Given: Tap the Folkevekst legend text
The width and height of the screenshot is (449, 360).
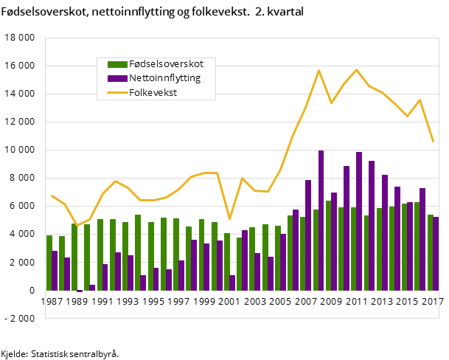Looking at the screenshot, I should (x=153, y=92).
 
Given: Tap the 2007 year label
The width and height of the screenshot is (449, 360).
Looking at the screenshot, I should (x=307, y=302).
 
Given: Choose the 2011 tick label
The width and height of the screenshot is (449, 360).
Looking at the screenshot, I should (x=358, y=302).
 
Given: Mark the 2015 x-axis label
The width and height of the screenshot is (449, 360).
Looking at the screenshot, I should (x=408, y=302).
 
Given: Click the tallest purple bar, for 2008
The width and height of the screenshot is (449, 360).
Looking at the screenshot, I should (x=321, y=220).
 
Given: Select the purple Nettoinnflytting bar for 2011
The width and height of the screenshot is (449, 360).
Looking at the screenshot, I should (x=359, y=221).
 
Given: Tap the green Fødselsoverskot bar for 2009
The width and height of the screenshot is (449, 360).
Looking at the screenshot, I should (x=328, y=245).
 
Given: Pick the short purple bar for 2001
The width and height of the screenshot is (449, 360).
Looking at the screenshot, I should (x=232, y=283).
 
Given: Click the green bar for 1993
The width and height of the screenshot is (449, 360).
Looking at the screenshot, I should (x=125, y=256).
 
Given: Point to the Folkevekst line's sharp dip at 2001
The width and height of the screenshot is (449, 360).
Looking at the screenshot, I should (x=229, y=218).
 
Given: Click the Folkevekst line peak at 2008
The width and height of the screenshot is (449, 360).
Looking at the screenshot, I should (x=319, y=71).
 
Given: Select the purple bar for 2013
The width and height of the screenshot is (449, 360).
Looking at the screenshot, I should (x=385, y=232).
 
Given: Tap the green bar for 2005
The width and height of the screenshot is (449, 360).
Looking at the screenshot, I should (x=277, y=257).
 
